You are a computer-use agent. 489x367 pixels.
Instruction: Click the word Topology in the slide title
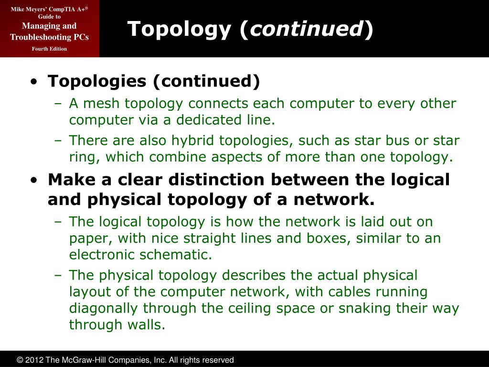179,30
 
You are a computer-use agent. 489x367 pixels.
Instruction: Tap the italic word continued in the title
307,29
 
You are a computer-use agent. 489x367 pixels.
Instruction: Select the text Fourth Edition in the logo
49,49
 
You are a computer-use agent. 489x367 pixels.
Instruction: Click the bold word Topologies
97,81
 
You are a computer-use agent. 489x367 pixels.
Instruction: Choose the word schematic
175,255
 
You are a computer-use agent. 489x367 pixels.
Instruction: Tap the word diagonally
103,308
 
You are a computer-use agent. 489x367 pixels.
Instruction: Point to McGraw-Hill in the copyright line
82,360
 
